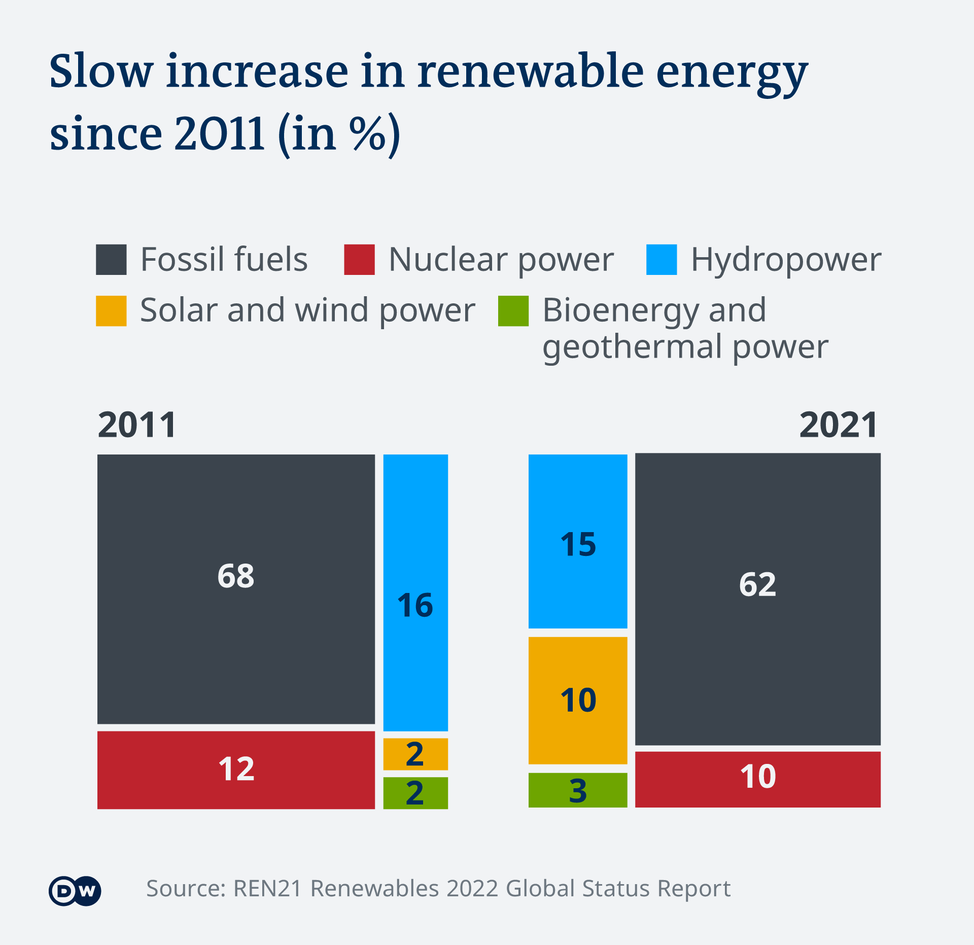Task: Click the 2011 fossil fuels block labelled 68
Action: (x=236, y=589)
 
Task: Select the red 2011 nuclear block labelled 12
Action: (x=236, y=769)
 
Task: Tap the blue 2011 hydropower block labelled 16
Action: (x=415, y=592)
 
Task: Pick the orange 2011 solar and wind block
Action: (x=415, y=754)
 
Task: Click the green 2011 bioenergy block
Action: (x=415, y=793)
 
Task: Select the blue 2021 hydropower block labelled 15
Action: (x=578, y=541)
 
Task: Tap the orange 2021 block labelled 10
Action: (x=578, y=700)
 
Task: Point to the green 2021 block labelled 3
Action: (x=578, y=790)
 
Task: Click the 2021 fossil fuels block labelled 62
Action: (x=757, y=599)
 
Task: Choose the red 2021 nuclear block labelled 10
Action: (x=757, y=779)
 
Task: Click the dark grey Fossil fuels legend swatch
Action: (x=111, y=260)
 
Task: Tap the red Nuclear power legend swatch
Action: (x=359, y=260)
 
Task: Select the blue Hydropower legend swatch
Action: (x=661, y=260)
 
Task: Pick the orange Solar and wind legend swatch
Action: (x=111, y=311)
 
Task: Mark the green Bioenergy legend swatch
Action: (x=513, y=311)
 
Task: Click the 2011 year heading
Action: (x=137, y=425)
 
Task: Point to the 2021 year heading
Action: (x=838, y=425)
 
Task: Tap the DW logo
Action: (x=75, y=891)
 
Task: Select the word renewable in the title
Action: (x=531, y=72)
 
